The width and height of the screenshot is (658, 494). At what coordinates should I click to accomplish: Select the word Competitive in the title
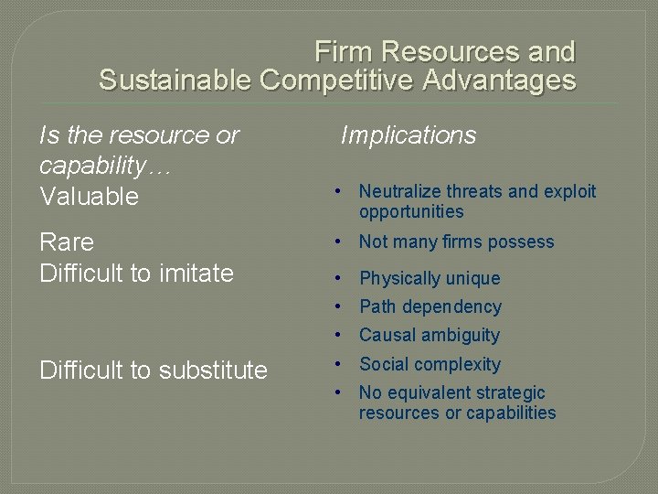coord(337,81)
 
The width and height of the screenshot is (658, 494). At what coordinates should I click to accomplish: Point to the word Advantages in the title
coord(499,81)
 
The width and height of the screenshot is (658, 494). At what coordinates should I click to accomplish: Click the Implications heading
coord(409,135)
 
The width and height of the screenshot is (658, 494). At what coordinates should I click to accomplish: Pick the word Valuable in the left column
coord(89,196)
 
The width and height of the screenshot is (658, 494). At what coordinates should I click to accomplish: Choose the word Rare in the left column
coord(66,242)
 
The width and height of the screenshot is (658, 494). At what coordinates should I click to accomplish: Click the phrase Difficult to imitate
coord(136,273)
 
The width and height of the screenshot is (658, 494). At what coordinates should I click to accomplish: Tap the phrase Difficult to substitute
coord(153,370)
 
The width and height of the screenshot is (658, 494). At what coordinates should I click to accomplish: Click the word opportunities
coord(411,211)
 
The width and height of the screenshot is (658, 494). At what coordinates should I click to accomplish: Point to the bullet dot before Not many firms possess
coord(338,242)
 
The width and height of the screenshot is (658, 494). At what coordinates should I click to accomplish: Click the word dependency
coord(454,306)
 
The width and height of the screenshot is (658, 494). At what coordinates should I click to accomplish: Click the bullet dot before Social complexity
coord(338,364)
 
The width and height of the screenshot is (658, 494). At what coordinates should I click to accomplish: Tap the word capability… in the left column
coord(105,166)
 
